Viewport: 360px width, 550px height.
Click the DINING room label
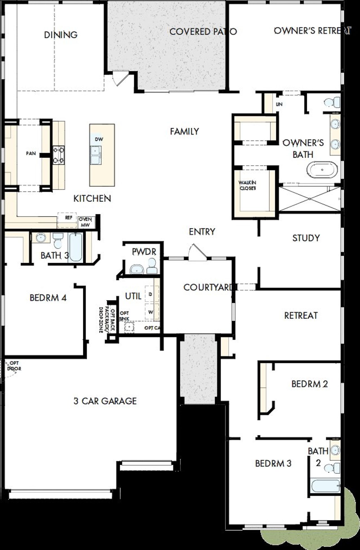[61, 35]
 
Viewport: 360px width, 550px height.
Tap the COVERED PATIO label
[203, 32]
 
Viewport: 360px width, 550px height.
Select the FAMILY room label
[184, 131]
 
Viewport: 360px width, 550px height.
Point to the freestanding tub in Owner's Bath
[322, 170]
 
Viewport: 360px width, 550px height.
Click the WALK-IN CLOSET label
[247, 185]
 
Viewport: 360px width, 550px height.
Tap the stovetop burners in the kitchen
[59, 155]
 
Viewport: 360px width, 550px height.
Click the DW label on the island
[99, 139]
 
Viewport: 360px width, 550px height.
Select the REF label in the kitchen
[69, 218]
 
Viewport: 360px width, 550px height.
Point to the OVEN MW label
[85, 222]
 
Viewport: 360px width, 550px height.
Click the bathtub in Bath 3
[76, 247]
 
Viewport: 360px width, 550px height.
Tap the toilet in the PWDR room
[152, 266]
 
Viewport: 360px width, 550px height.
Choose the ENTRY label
[202, 232]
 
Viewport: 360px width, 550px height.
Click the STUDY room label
[306, 238]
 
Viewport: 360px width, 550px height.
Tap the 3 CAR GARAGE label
[105, 401]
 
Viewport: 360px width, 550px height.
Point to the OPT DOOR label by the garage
[14, 366]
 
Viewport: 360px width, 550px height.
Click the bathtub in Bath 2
[325, 486]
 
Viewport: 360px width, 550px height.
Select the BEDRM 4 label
[48, 298]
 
